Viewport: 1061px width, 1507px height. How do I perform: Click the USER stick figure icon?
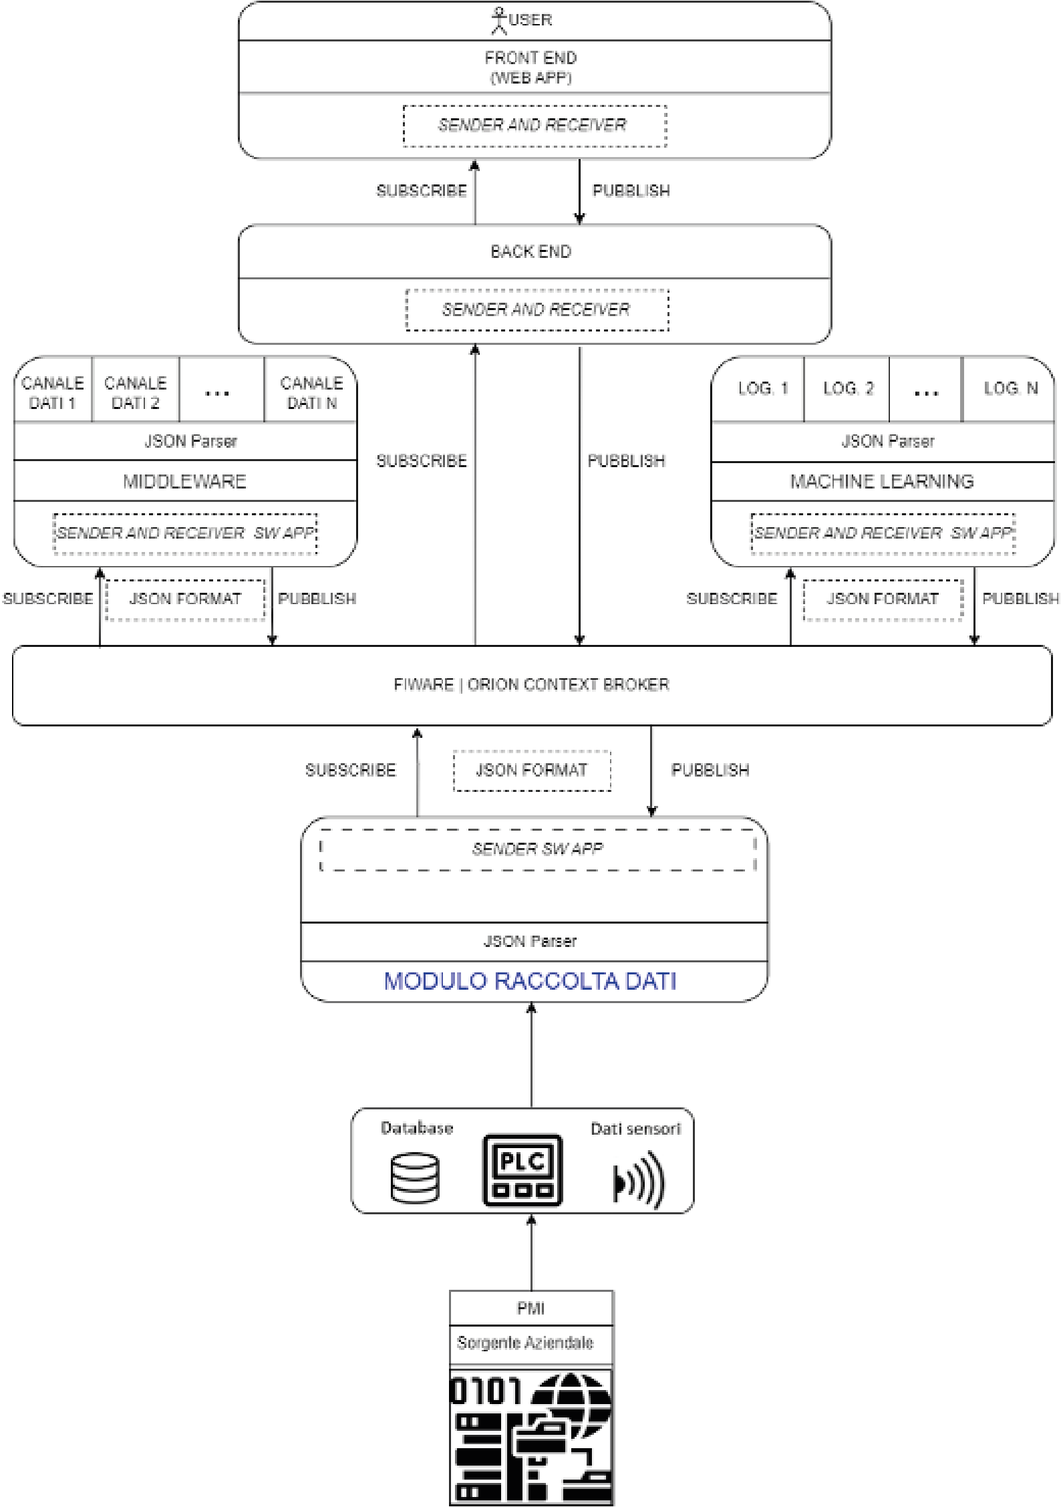(498, 20)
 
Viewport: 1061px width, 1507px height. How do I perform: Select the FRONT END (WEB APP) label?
(531, 67)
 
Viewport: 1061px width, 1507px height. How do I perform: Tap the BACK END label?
(531, 251)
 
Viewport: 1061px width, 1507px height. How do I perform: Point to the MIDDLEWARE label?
(185, 481)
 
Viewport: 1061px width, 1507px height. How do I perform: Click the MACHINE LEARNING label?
(882, 481)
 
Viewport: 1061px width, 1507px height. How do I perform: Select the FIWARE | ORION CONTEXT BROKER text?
(531, 684)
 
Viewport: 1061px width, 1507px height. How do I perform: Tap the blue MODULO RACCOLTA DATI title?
(530, 980)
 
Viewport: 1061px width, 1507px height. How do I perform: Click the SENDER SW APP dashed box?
(538, 849)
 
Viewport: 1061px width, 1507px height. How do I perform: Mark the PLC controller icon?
(522, 1170)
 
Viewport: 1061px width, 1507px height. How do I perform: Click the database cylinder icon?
(415, 1178)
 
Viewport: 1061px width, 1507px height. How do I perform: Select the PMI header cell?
(531, 1308)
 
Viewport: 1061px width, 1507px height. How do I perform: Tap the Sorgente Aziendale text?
(525, 1343)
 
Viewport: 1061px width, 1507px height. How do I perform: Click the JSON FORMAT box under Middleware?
(186, 599)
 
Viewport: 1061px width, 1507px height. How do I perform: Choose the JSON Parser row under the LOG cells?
(883, 442)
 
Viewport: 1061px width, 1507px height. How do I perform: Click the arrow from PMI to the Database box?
(532, 1252)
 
